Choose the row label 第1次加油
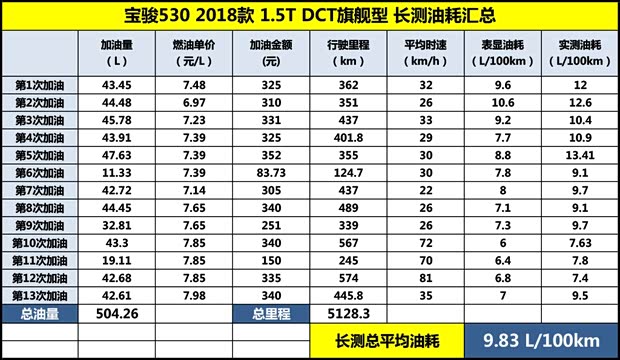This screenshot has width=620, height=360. coord(40,86)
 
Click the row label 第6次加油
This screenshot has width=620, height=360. coord(40,173)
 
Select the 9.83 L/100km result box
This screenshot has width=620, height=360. coord(539,338)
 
